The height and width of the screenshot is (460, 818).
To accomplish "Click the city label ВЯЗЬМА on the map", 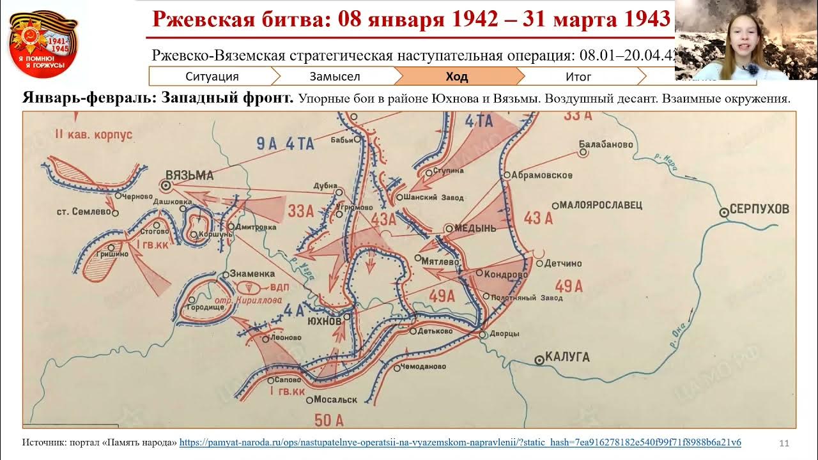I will [189, 174].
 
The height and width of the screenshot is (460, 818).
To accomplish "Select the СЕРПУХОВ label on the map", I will [760, 209].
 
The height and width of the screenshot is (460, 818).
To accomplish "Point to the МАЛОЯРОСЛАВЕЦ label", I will [600, 205].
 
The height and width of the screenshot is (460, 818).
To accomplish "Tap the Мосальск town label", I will [336, 400].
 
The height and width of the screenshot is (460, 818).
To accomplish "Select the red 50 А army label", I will [329, 420].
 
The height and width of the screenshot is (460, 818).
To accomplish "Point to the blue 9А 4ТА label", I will [286, 144].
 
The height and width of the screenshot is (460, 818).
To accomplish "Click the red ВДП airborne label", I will [281, 287].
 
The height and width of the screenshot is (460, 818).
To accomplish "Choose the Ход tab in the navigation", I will [457, 77].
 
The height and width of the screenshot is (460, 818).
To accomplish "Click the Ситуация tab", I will [212, 77].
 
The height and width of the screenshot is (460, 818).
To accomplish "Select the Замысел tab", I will [335, 77].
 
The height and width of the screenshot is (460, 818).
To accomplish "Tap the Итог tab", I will [578, 77].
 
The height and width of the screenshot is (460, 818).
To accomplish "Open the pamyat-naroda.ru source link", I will [460, 442].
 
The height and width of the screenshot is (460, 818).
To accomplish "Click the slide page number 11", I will [785, 443].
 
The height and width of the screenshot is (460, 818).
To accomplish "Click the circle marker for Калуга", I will [539, 360].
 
